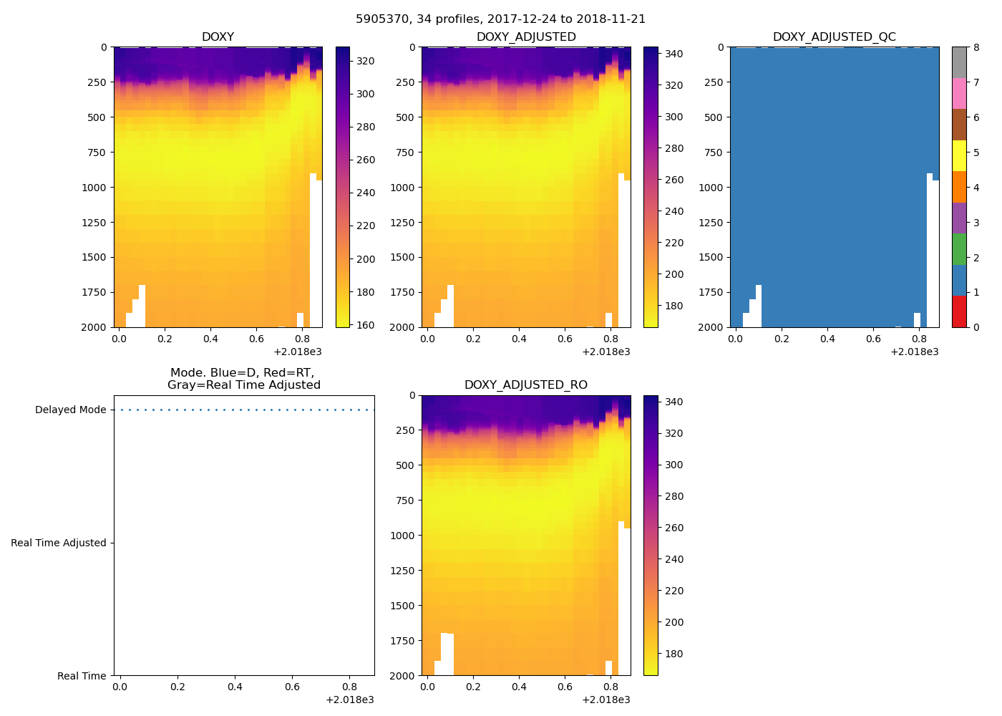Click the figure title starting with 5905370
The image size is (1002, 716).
500,19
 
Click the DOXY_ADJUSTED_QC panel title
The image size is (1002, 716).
834,37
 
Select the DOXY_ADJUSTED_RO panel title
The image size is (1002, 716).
525,385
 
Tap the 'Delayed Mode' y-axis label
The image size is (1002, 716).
70,410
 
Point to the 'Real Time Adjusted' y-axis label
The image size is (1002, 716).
58,543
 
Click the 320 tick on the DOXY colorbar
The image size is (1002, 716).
366,61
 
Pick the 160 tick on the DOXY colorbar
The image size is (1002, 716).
366,325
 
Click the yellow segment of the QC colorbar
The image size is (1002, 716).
959,155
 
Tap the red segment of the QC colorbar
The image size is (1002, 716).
959,311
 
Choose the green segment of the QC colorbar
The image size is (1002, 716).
959,249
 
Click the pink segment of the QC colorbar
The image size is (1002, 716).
959,93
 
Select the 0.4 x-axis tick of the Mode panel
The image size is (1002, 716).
235,687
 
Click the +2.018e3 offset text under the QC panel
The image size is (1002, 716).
914,352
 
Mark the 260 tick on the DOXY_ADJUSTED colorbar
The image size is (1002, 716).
674,180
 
